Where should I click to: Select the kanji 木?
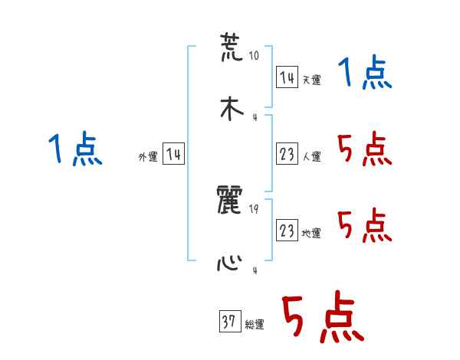tap(231, 108)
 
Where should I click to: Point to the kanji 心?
tap(231, 262)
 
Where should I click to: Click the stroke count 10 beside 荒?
tap(255, 56)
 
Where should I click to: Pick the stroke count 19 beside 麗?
tap(255, 209)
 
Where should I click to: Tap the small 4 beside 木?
tap(255, 117)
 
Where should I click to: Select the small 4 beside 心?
tap(255, 270)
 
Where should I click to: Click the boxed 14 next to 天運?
tap(287, 77)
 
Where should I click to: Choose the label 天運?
tap(311, 80)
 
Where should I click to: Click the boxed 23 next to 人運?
tap(287, 154)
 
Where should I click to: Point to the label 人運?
tap(311, 156)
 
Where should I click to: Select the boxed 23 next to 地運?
tap(287, 231)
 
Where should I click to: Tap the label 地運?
tap(311, 233)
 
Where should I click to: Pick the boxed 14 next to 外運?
tap(173, 154)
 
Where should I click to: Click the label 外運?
tap(148, 156)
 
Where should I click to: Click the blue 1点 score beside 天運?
tap(364, 74)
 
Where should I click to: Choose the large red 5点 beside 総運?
tap(323, 318)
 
